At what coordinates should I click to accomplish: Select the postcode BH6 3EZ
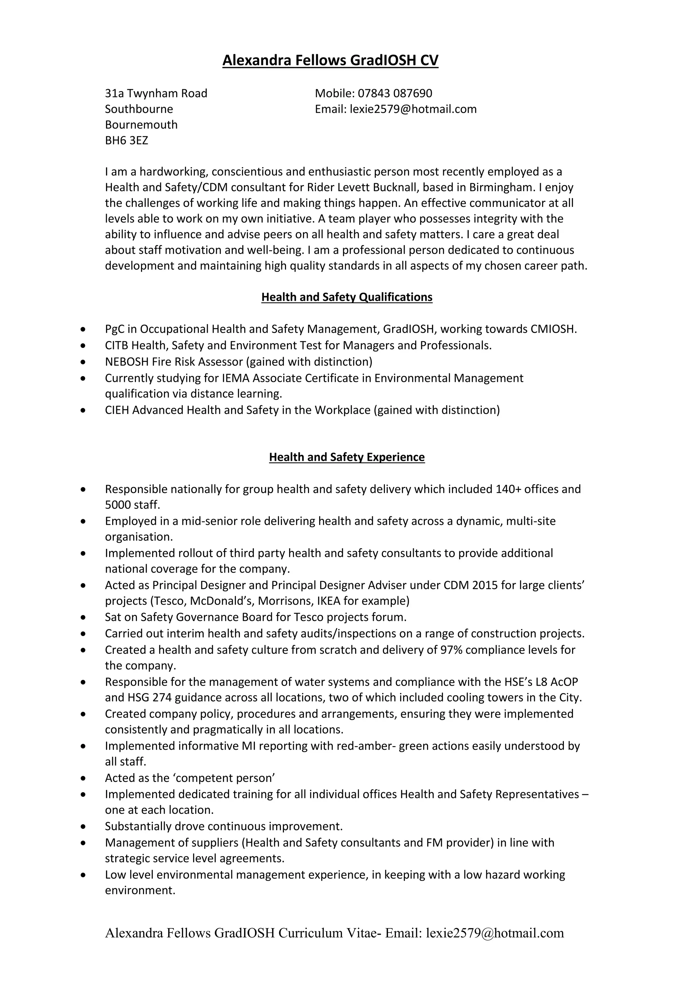(126, 141)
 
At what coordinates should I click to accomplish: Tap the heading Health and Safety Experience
(347, 457)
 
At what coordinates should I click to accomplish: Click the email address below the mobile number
(413, 109)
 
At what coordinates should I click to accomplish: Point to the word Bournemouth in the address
(141, 125)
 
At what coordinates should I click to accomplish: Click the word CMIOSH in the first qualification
(553, 329)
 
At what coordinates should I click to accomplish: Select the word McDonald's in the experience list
(222, 601)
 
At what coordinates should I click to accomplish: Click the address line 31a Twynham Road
(156, 93)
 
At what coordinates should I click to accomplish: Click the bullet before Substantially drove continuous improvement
(83, 827)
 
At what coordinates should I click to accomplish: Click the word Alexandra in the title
(253, 60)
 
